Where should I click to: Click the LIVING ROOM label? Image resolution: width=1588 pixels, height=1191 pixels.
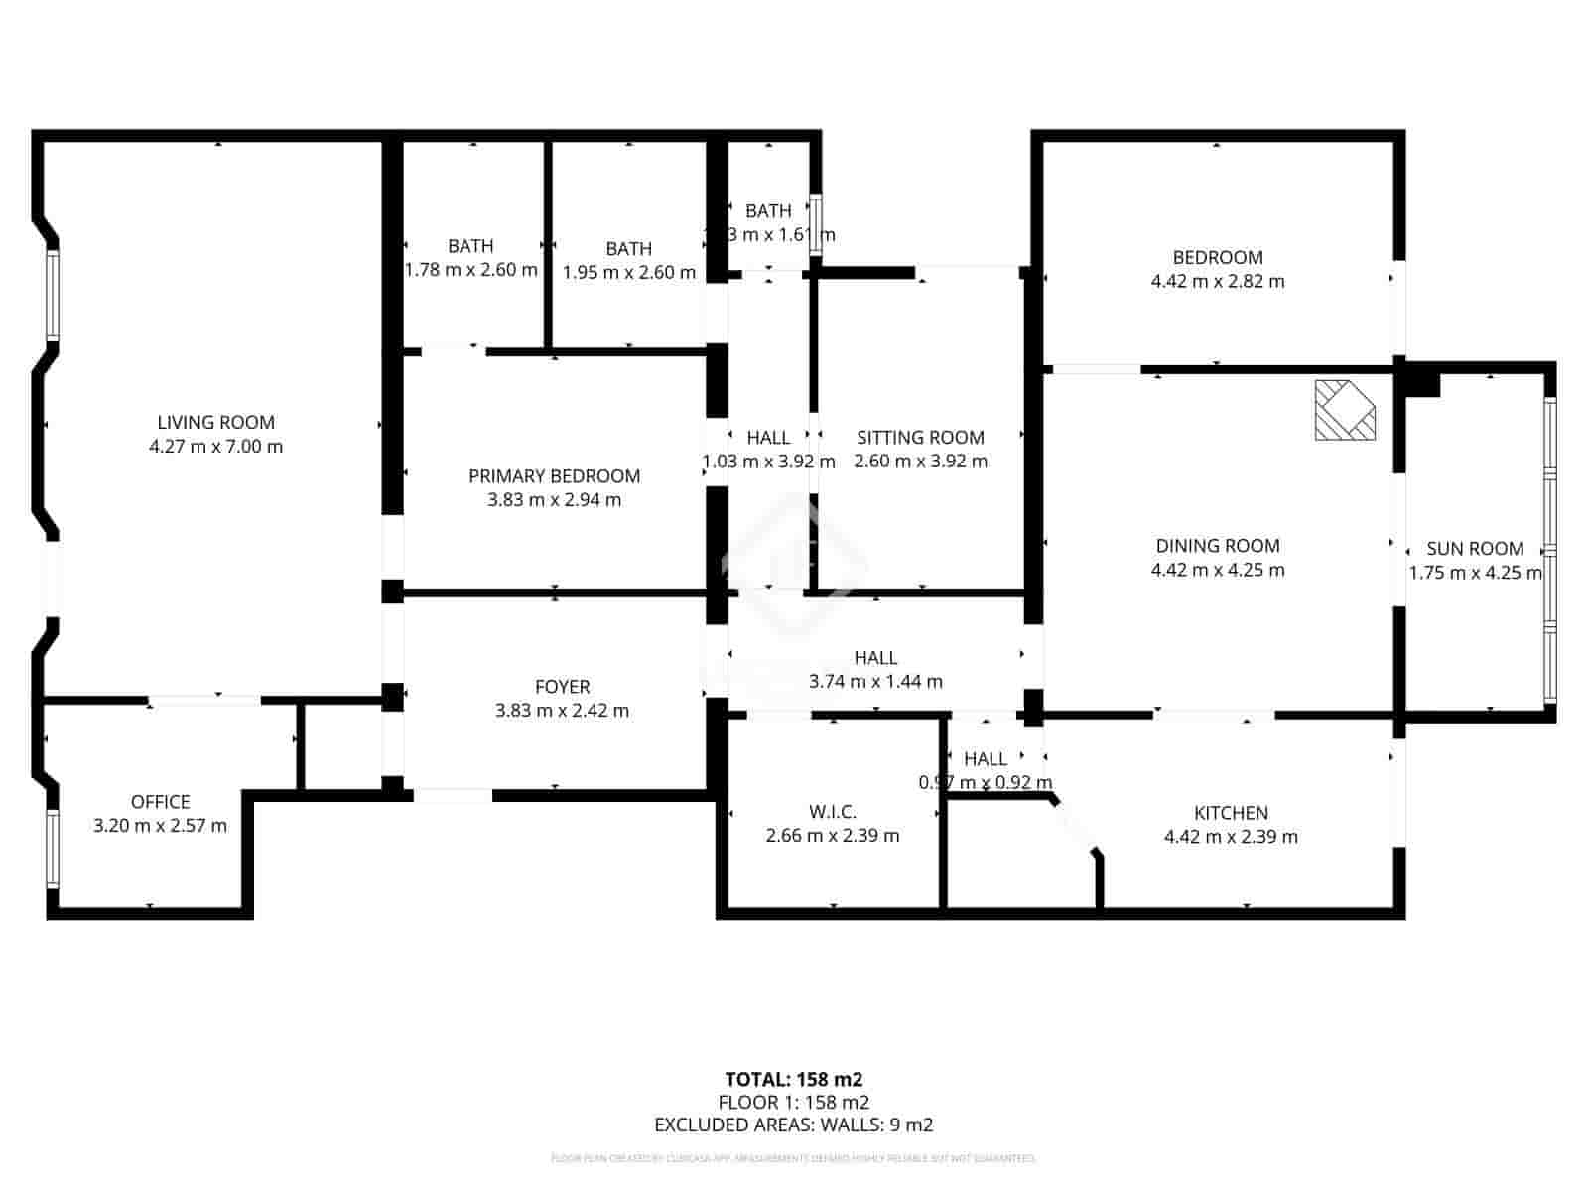tap(215, 422)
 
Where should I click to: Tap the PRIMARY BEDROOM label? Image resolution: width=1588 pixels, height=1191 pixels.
tap(554, 476)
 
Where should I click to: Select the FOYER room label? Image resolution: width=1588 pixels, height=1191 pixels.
tap(562, 687)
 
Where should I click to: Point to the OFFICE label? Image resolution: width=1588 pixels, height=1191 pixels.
tap(160, 802)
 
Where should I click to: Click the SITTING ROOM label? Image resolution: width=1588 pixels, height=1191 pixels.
tap(920, 437)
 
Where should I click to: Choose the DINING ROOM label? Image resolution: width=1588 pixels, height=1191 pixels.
tap(1217, 546)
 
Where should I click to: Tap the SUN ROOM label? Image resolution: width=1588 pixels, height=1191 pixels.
tap(1475, 549)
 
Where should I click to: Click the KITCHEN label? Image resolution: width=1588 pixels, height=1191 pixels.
tap(1231, 813)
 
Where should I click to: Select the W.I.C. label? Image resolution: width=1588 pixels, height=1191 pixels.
tap(832, 812)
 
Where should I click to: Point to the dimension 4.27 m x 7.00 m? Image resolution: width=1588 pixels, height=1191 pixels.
tap(215, 447)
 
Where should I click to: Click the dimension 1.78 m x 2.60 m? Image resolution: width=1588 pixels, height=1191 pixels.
tap(470, 270)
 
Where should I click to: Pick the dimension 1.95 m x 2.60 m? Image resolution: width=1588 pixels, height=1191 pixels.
tap(628, 273)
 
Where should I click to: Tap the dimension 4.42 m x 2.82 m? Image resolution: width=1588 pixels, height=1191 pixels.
tap(1217, 282)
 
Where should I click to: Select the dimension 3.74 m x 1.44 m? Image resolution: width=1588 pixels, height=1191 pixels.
tap(875, 682)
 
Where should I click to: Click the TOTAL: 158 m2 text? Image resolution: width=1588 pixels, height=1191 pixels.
tap(793, 1079)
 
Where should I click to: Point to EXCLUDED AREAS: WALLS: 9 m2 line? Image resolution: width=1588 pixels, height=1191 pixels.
tap(793, 1125)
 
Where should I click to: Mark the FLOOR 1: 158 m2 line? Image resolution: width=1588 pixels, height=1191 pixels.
tap(793, 1102)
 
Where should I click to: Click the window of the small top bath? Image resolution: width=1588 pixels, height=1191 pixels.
tap(815, 227)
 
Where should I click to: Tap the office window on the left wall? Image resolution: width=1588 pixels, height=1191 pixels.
tap(53, 847)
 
